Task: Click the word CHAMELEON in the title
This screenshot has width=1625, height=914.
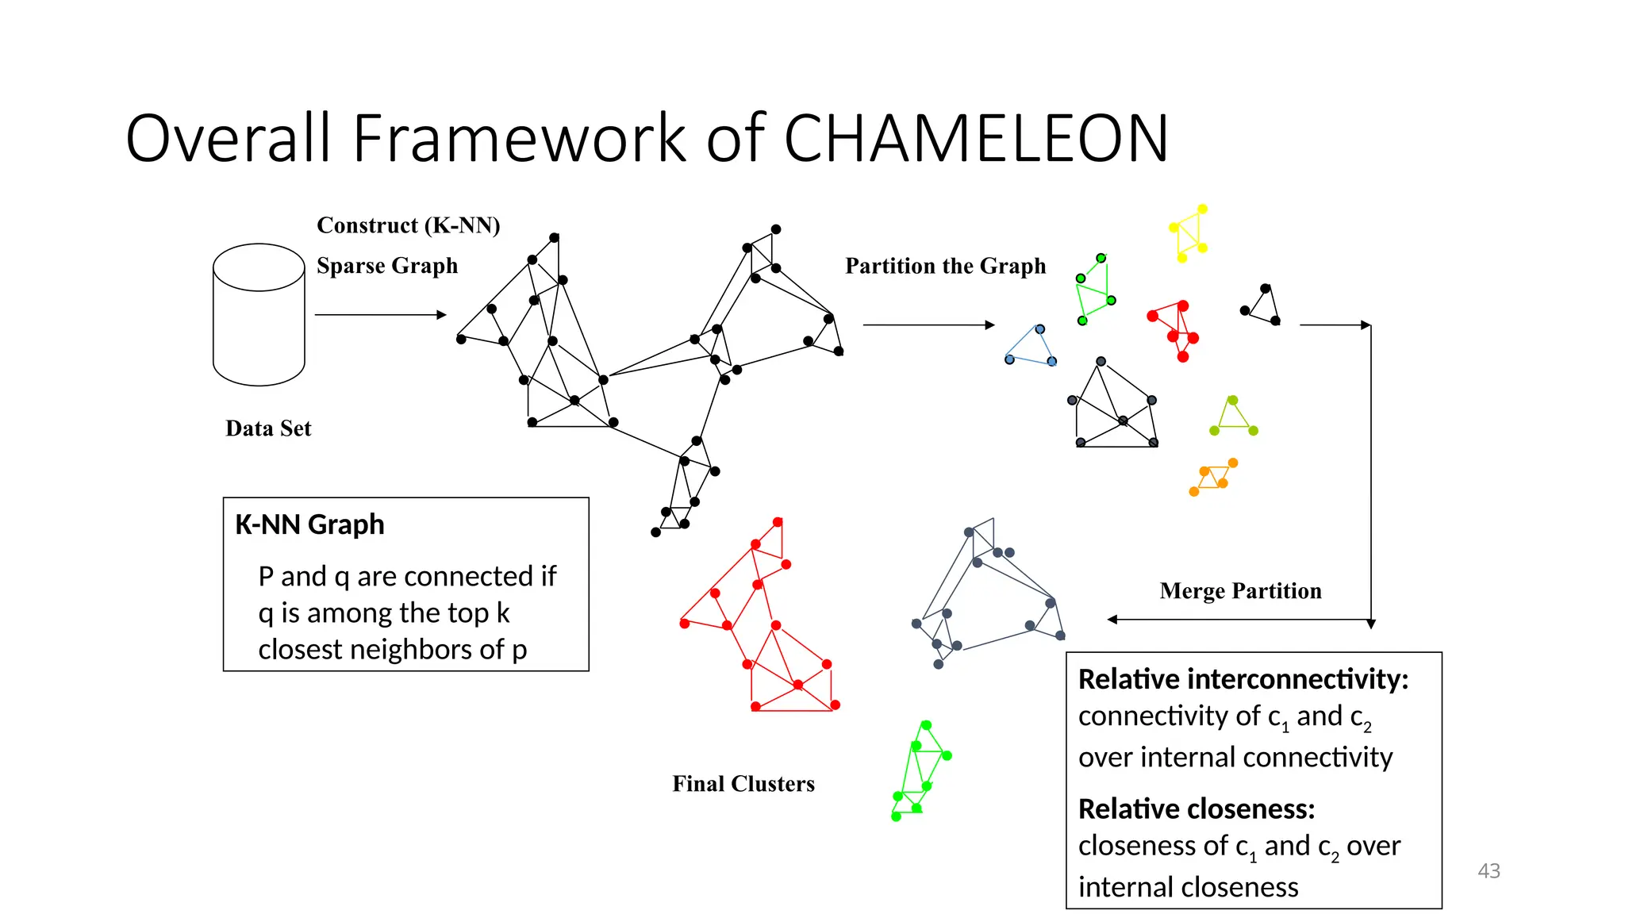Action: click(976, 139)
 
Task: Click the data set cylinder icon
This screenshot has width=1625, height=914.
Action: click(259, 314)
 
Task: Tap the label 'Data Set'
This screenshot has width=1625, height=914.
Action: click(268, 428)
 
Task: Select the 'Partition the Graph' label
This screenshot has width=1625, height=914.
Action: click(945, 266)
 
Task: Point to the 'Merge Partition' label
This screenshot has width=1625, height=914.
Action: click(1240, 591)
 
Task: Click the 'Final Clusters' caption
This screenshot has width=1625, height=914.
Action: click(743, 784)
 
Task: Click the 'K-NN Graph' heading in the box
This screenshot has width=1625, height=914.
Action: click(309, 524)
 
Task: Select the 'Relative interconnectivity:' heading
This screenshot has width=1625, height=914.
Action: click(1243, 679)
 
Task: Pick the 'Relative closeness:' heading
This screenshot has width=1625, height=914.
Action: click(1196, 808)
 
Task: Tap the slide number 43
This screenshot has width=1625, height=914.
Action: click(1489, 870)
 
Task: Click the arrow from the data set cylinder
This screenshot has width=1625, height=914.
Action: click(380, 315)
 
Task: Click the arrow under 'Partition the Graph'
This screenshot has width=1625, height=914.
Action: click(928, 325)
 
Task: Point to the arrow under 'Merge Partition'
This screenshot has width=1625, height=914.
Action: click(1238, 620)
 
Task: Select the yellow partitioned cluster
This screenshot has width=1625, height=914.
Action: click(1188, 233)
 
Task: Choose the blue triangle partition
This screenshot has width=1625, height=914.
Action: click(1031, 348)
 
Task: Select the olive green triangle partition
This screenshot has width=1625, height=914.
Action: click(1233, 418)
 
